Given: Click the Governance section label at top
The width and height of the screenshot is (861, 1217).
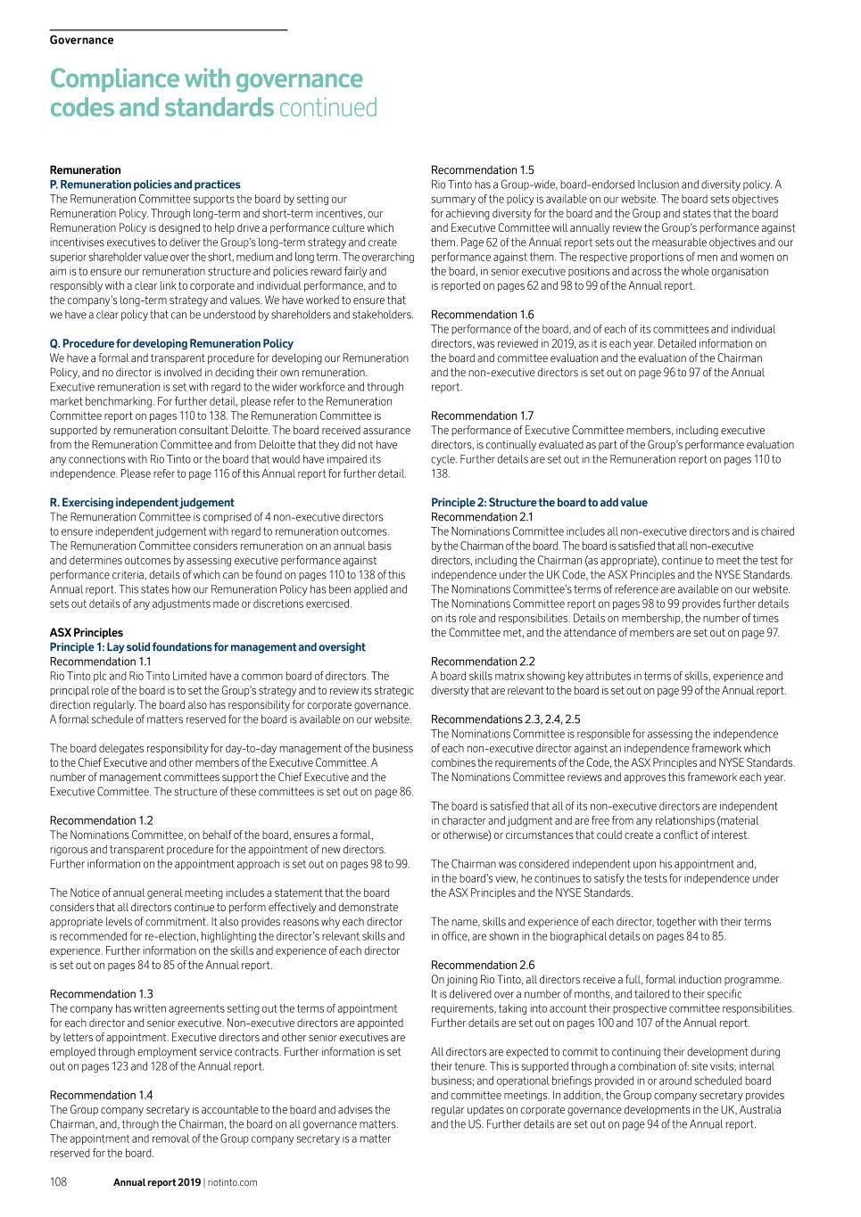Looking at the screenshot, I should pos(81,40).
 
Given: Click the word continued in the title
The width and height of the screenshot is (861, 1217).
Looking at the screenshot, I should pos(327,108).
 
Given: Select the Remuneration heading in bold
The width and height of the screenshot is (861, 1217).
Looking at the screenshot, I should pos(85,170).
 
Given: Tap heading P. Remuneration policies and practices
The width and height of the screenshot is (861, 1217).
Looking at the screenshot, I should pos(145,185).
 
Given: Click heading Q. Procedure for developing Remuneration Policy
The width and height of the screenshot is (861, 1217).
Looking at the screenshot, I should pos(171,343).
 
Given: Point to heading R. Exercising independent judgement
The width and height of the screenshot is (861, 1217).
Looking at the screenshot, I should pos(142,503).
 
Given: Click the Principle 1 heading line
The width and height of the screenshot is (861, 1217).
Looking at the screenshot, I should pos(207,647).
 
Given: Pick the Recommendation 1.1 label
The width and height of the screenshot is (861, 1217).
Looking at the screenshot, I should pos(101,662).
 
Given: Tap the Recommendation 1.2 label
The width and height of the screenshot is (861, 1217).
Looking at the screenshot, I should pos(101,820).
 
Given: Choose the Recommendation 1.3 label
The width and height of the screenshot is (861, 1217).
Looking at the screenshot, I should pos(101,994).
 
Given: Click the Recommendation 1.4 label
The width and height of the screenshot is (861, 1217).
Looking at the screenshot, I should pos(101,1095).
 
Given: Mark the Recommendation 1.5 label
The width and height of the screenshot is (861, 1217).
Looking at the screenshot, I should pos(482,170).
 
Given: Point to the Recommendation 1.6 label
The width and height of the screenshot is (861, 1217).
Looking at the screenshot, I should pos(482,315).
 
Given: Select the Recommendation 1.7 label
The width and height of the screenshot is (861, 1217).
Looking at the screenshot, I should pos(482,415).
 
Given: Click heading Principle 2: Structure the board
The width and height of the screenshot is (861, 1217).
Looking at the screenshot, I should pos(539,503).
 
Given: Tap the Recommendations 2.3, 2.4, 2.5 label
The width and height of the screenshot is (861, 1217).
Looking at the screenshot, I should pos(505,720).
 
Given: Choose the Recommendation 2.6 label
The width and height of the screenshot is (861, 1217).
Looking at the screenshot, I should pos(482,965).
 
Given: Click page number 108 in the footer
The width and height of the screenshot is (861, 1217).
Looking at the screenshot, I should pos(58,1182).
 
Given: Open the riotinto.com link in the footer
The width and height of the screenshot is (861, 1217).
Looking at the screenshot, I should pos(232,1183).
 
